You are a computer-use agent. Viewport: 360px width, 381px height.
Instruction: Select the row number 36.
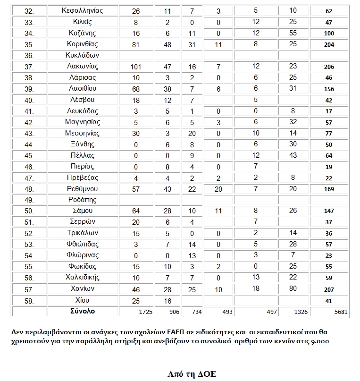pos(28,55)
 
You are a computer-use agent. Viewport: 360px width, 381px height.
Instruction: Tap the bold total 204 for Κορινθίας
pos(329,44)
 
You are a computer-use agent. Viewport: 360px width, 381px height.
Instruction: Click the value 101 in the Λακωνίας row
pos(135,67)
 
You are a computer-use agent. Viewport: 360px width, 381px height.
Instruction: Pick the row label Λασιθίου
pos(83,89)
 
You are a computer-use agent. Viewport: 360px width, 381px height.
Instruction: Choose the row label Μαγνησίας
pos(83,122)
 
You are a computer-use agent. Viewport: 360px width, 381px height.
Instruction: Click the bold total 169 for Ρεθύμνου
pos(329,189)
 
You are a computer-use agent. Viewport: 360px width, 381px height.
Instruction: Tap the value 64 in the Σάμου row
pos(135,211)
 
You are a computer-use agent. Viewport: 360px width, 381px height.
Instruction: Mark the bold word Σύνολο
pos(83,311)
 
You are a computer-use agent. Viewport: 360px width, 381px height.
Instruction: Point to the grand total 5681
pos(329,312)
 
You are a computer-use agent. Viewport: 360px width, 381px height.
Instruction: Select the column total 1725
pos(135,312)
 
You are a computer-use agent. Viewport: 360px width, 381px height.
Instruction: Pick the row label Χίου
pos(83,300)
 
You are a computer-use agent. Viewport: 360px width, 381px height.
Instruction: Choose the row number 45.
pos(28,156)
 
